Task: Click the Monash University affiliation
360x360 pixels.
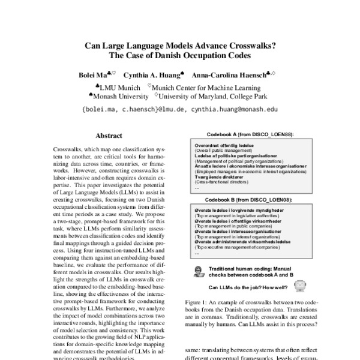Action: point(119,95)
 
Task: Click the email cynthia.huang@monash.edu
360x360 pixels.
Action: point(235,110)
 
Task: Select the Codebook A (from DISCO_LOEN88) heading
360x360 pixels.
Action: point(250,136)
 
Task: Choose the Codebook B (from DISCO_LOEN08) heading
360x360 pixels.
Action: point(250,199)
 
